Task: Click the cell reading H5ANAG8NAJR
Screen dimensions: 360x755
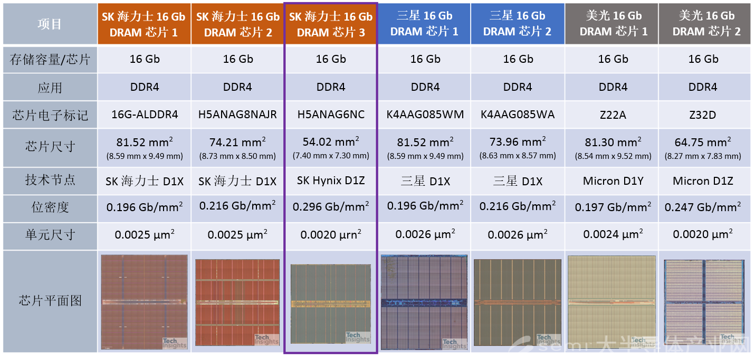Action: click(237, 115)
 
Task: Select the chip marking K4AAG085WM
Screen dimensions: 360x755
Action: click(425, 115)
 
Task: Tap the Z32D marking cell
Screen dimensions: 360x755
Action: click(703, 115)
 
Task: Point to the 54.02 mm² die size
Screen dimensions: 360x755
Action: click(331, 143)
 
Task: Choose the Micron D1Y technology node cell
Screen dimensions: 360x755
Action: click(613, 181)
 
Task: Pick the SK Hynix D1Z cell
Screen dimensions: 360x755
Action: click(331, 181)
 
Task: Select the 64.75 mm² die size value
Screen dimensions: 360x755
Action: click(703, 143)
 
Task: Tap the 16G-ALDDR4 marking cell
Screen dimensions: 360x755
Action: click(145, 115)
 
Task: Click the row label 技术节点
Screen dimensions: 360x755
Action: click(50, 181)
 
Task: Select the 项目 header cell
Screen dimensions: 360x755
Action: click(50, 24)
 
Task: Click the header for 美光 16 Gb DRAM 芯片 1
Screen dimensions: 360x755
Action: click(613, 24)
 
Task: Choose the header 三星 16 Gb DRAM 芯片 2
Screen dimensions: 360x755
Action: click(518, 24)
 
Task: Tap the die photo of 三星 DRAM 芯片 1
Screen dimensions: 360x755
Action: click(424, 301)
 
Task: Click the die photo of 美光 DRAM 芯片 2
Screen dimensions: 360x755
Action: click(704, 302)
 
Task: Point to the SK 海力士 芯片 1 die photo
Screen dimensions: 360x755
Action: click(144, 302)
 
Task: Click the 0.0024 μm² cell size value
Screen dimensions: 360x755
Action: click(613, 234)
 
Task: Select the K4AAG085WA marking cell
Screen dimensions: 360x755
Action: click(518, 115)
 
